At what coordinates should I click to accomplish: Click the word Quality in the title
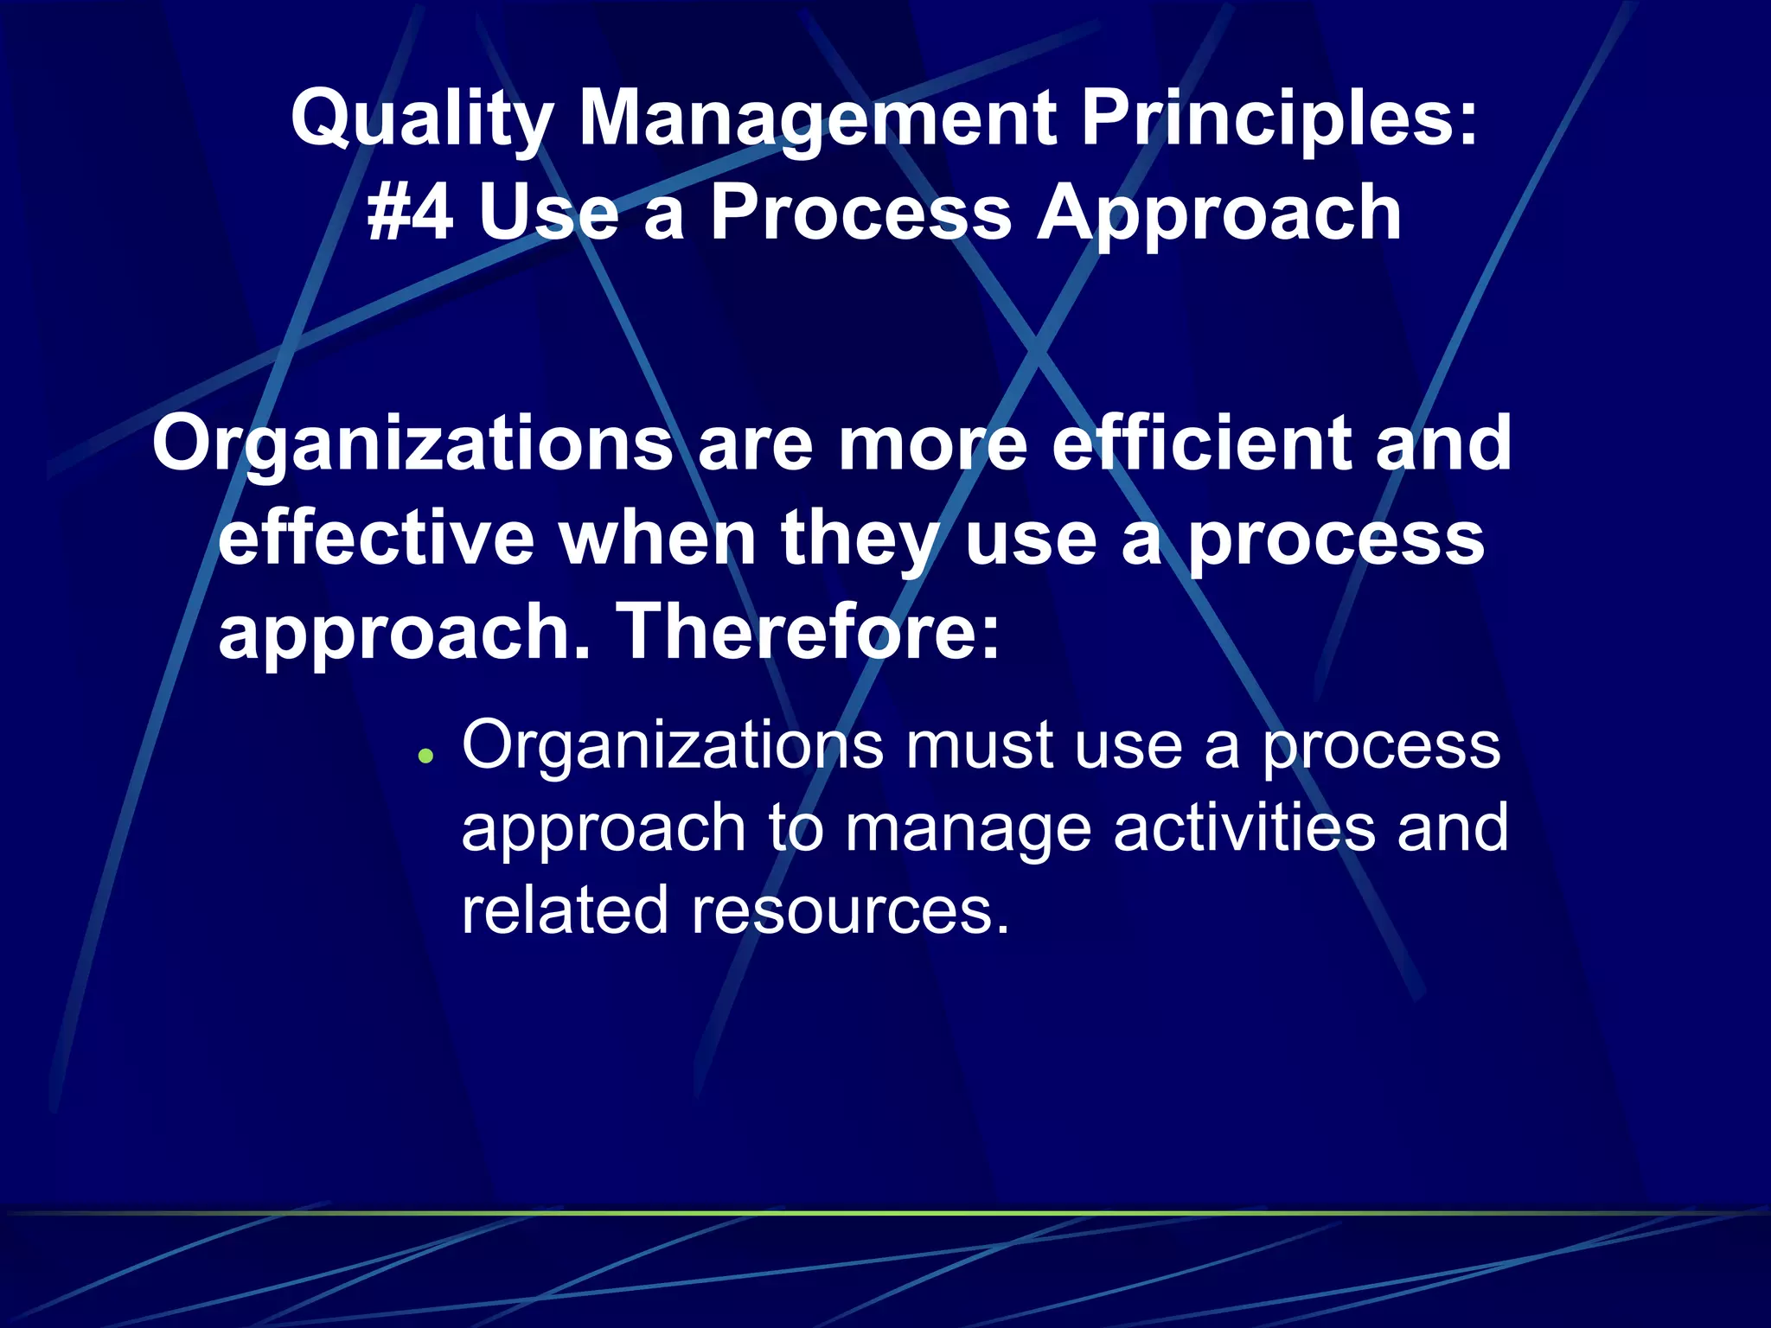pyautogui.click(x=422, y=119)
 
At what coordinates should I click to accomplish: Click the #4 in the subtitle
pyautogui.click(x=410, y=214)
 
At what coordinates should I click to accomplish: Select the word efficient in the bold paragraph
pyautogui.click(x=1200, y=443)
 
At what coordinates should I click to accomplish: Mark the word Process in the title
pyautogui.click(x=861, y=214)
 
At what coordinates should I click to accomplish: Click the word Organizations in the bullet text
pyautogui.click(x=673, y=745)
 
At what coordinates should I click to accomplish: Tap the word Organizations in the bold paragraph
pyautogui.click(x=412, y=444)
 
